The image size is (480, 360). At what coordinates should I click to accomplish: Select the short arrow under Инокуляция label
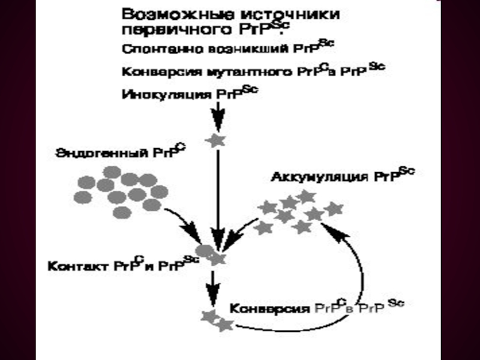tap(218, 114)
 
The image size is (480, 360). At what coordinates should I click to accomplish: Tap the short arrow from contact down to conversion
tap(212, 285)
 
